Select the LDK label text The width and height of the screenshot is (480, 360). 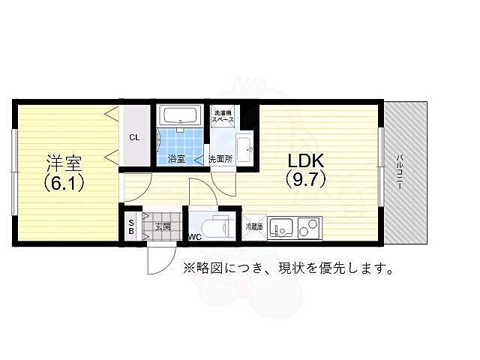pyautogui.click(x=304, y=160)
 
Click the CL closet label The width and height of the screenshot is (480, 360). pyautogui.click(x=134, y=137)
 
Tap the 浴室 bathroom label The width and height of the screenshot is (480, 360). pyautogui.click(x=177, y=159)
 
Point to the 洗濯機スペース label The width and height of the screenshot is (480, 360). pyautogui.click(x=223, y=115)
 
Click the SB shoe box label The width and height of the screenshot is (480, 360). pyautogui.click(x=131, y=226)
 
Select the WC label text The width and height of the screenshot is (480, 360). pyautogui.click(x=194, y=237)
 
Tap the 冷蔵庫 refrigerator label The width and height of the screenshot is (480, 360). pyautogui.click(x=253, y=226)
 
